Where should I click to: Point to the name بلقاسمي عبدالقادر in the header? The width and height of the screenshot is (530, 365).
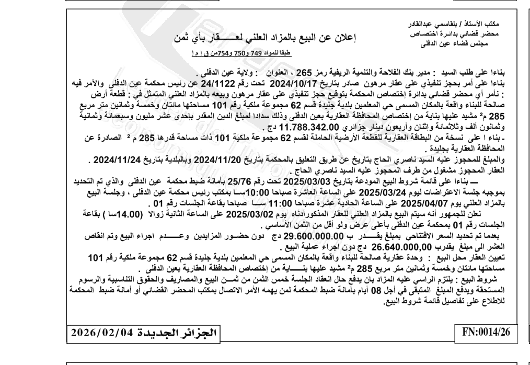coord(444,24)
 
